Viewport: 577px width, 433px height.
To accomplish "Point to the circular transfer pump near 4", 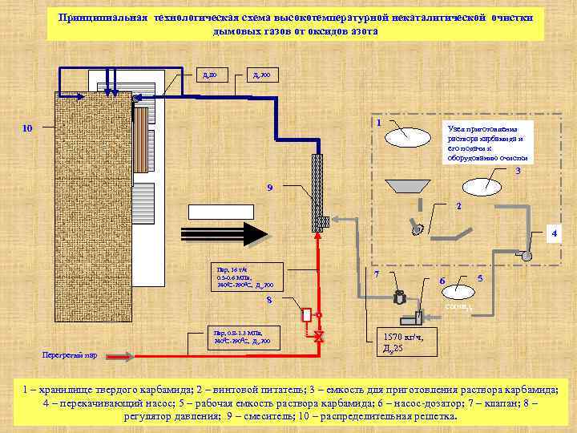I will (x=526, y=255).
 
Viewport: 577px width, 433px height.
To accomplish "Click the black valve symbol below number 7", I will (x=398, y=298).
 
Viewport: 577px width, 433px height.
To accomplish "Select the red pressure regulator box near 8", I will (x=305, y=314).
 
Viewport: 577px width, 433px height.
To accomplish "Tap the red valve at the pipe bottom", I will (x=319, y=336).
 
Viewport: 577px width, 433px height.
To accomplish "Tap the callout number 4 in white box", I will (x=551, y=234).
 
